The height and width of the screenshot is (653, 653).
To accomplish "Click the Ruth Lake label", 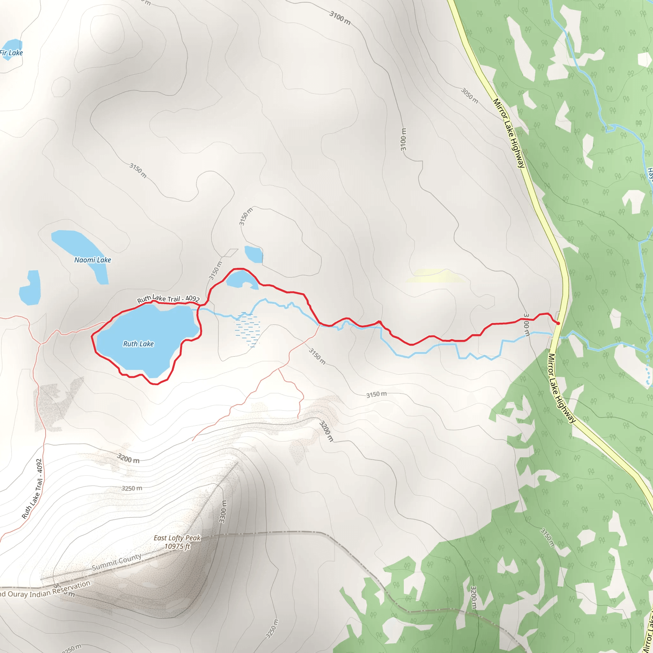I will [x=138, y=344].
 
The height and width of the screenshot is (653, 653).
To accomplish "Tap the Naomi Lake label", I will [x=92, y=260].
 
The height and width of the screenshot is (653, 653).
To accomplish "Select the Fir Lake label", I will [x=11, y=53].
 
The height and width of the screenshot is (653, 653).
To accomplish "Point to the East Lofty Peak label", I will [x=177, y=538].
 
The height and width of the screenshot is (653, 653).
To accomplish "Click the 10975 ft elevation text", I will [x=177, y=546].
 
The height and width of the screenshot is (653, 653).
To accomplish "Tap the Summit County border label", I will [x=117, y=562].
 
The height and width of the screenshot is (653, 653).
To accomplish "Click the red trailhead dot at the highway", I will [x=558, y=323].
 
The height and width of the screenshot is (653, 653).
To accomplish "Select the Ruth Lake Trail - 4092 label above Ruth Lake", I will [x=168, y=298].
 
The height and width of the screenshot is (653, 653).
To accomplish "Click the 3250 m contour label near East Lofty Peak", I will [x=132, y=488].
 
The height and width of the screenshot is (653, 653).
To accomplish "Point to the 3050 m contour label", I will [x=470, y=96].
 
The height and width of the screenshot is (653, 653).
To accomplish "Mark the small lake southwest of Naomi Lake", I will [x=30, y=289].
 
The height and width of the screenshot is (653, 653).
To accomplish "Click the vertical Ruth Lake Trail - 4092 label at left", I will [x=33, y=488].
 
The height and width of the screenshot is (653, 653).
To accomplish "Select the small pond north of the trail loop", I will [x=253, y=254].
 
